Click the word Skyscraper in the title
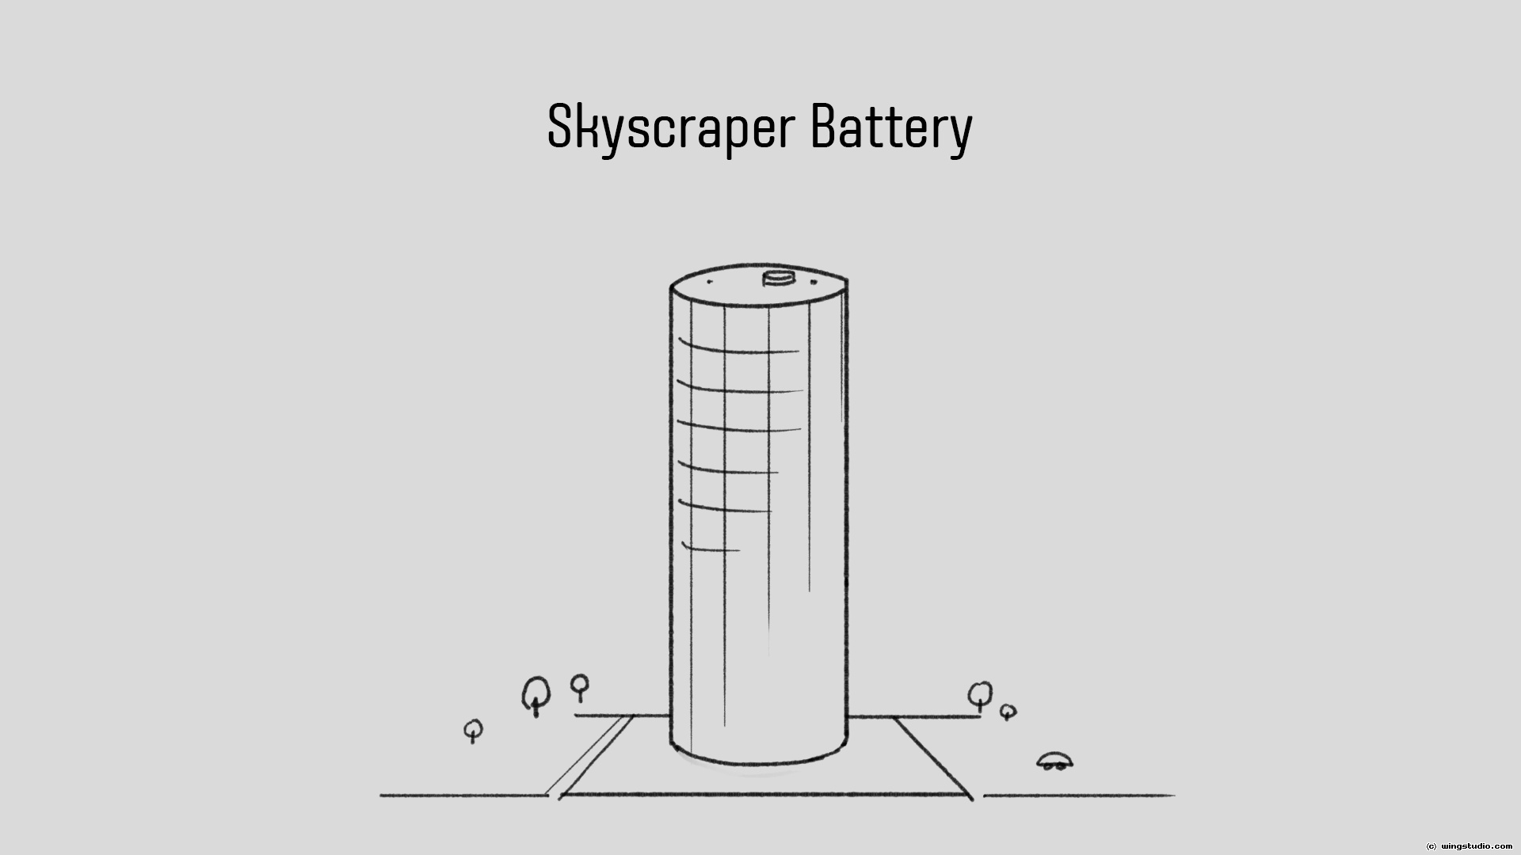670,127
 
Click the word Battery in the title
890,127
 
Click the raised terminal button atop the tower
778,279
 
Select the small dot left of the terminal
710,281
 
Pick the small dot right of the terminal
812,280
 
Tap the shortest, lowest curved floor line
711,549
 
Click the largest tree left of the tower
536,694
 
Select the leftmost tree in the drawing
473,730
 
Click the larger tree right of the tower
980,695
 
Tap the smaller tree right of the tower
1008,712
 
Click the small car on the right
1054,762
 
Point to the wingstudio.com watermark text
1476,845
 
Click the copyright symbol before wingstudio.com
1431,845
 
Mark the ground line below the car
1077,795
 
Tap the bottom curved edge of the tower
758,764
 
